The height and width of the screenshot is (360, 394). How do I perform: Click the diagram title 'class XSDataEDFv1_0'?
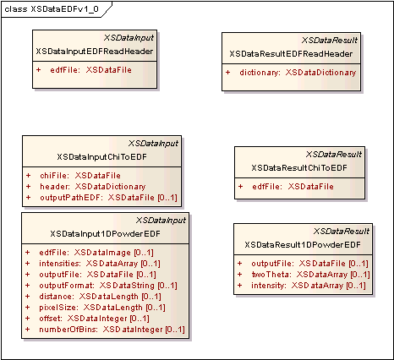[52, 9]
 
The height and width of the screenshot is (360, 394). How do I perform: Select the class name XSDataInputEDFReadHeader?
[95, 52]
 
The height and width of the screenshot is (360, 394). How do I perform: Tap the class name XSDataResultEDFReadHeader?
[291, 54]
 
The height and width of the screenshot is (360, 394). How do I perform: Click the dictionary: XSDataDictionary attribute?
[298, 73]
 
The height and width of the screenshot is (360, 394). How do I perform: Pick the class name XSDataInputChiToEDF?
[101, 157]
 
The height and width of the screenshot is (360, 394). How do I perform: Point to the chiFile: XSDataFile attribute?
[80, 176]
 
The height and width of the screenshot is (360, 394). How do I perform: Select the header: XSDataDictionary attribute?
[93, 187]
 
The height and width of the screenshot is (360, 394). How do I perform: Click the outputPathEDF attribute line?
[108, 198]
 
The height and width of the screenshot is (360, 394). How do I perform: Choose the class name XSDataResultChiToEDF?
[299, 168]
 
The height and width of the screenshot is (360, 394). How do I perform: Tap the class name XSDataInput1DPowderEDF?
[105, 234]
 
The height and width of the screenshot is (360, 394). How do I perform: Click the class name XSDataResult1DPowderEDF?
[303, 245]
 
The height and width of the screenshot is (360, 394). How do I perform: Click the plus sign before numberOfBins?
[28, 330]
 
